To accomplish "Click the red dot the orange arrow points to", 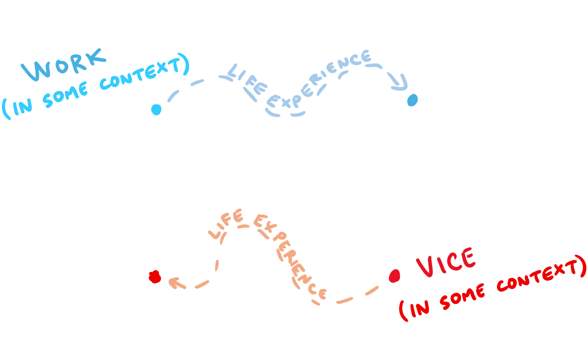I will click(155, 277).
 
